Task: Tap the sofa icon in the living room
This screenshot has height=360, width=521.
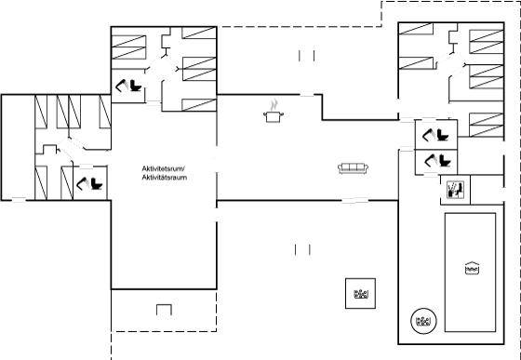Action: click(353, 168)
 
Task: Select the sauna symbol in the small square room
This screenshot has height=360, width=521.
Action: click(455, 190)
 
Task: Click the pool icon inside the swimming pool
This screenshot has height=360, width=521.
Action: click(472, 268)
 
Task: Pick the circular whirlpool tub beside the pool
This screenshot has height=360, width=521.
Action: click(423, 321)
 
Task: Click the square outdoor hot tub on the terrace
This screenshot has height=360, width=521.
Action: click(361, 294)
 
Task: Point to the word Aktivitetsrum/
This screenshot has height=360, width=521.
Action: click(161, 168)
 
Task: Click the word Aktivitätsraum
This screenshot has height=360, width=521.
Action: click(164, 178)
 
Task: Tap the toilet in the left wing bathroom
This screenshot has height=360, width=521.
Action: click(97, 183)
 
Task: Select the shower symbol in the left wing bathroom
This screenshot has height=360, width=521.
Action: click(82, 183)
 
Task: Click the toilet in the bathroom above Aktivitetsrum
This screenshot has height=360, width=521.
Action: click(136, 86)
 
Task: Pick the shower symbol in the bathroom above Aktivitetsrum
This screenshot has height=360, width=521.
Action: click(121, 86)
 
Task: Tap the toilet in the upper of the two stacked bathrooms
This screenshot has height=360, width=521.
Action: click(443, 135)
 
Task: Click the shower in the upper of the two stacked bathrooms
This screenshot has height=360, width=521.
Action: click(428, 135)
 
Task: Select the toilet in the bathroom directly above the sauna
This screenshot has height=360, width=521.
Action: click(446, 160)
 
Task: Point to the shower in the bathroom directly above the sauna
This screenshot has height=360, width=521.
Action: click(431, 160)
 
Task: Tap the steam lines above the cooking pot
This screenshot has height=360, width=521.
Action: click(274, 105)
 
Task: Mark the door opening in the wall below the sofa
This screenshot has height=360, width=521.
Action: click(355, 201)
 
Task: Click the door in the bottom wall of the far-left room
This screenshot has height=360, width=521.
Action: click(20, 200)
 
